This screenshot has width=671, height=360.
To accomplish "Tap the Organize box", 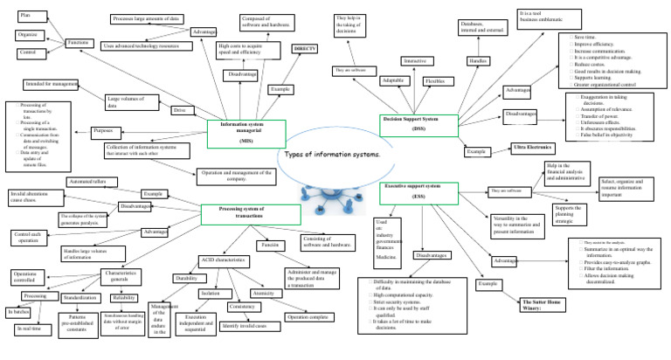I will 28,35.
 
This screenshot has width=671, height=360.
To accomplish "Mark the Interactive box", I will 413,61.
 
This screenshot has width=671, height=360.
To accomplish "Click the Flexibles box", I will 435,80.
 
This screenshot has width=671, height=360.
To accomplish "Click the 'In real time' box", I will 30,328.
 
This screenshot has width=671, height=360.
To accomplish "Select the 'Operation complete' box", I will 308,316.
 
